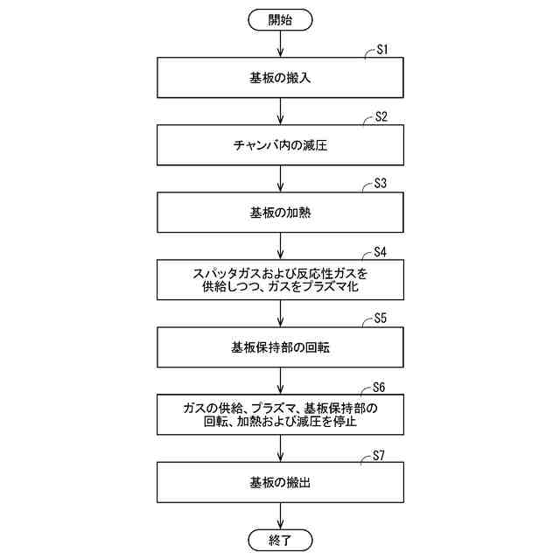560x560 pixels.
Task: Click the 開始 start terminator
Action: (280, 18)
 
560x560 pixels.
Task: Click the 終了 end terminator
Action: (280, 540)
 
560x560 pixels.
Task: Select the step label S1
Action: (382, 50)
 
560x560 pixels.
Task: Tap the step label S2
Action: (381, 117)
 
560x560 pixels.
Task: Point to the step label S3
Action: (381, 185)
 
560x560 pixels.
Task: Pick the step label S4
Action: (381, 252)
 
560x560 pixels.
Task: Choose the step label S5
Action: (381, 319)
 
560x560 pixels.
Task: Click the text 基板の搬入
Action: (280, 79)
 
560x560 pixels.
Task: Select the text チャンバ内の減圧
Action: (280, 146)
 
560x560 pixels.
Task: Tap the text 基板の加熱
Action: (280, 213)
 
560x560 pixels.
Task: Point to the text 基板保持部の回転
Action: (280, 348)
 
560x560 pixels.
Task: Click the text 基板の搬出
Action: (280, 483)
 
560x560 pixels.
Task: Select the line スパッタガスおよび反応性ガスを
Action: (280, 273)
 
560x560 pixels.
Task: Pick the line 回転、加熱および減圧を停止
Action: (280, 423)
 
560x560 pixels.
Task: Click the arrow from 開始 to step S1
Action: (280, 44)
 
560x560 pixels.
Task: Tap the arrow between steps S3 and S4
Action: (280, 246)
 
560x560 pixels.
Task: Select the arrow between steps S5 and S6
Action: (280, 381)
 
